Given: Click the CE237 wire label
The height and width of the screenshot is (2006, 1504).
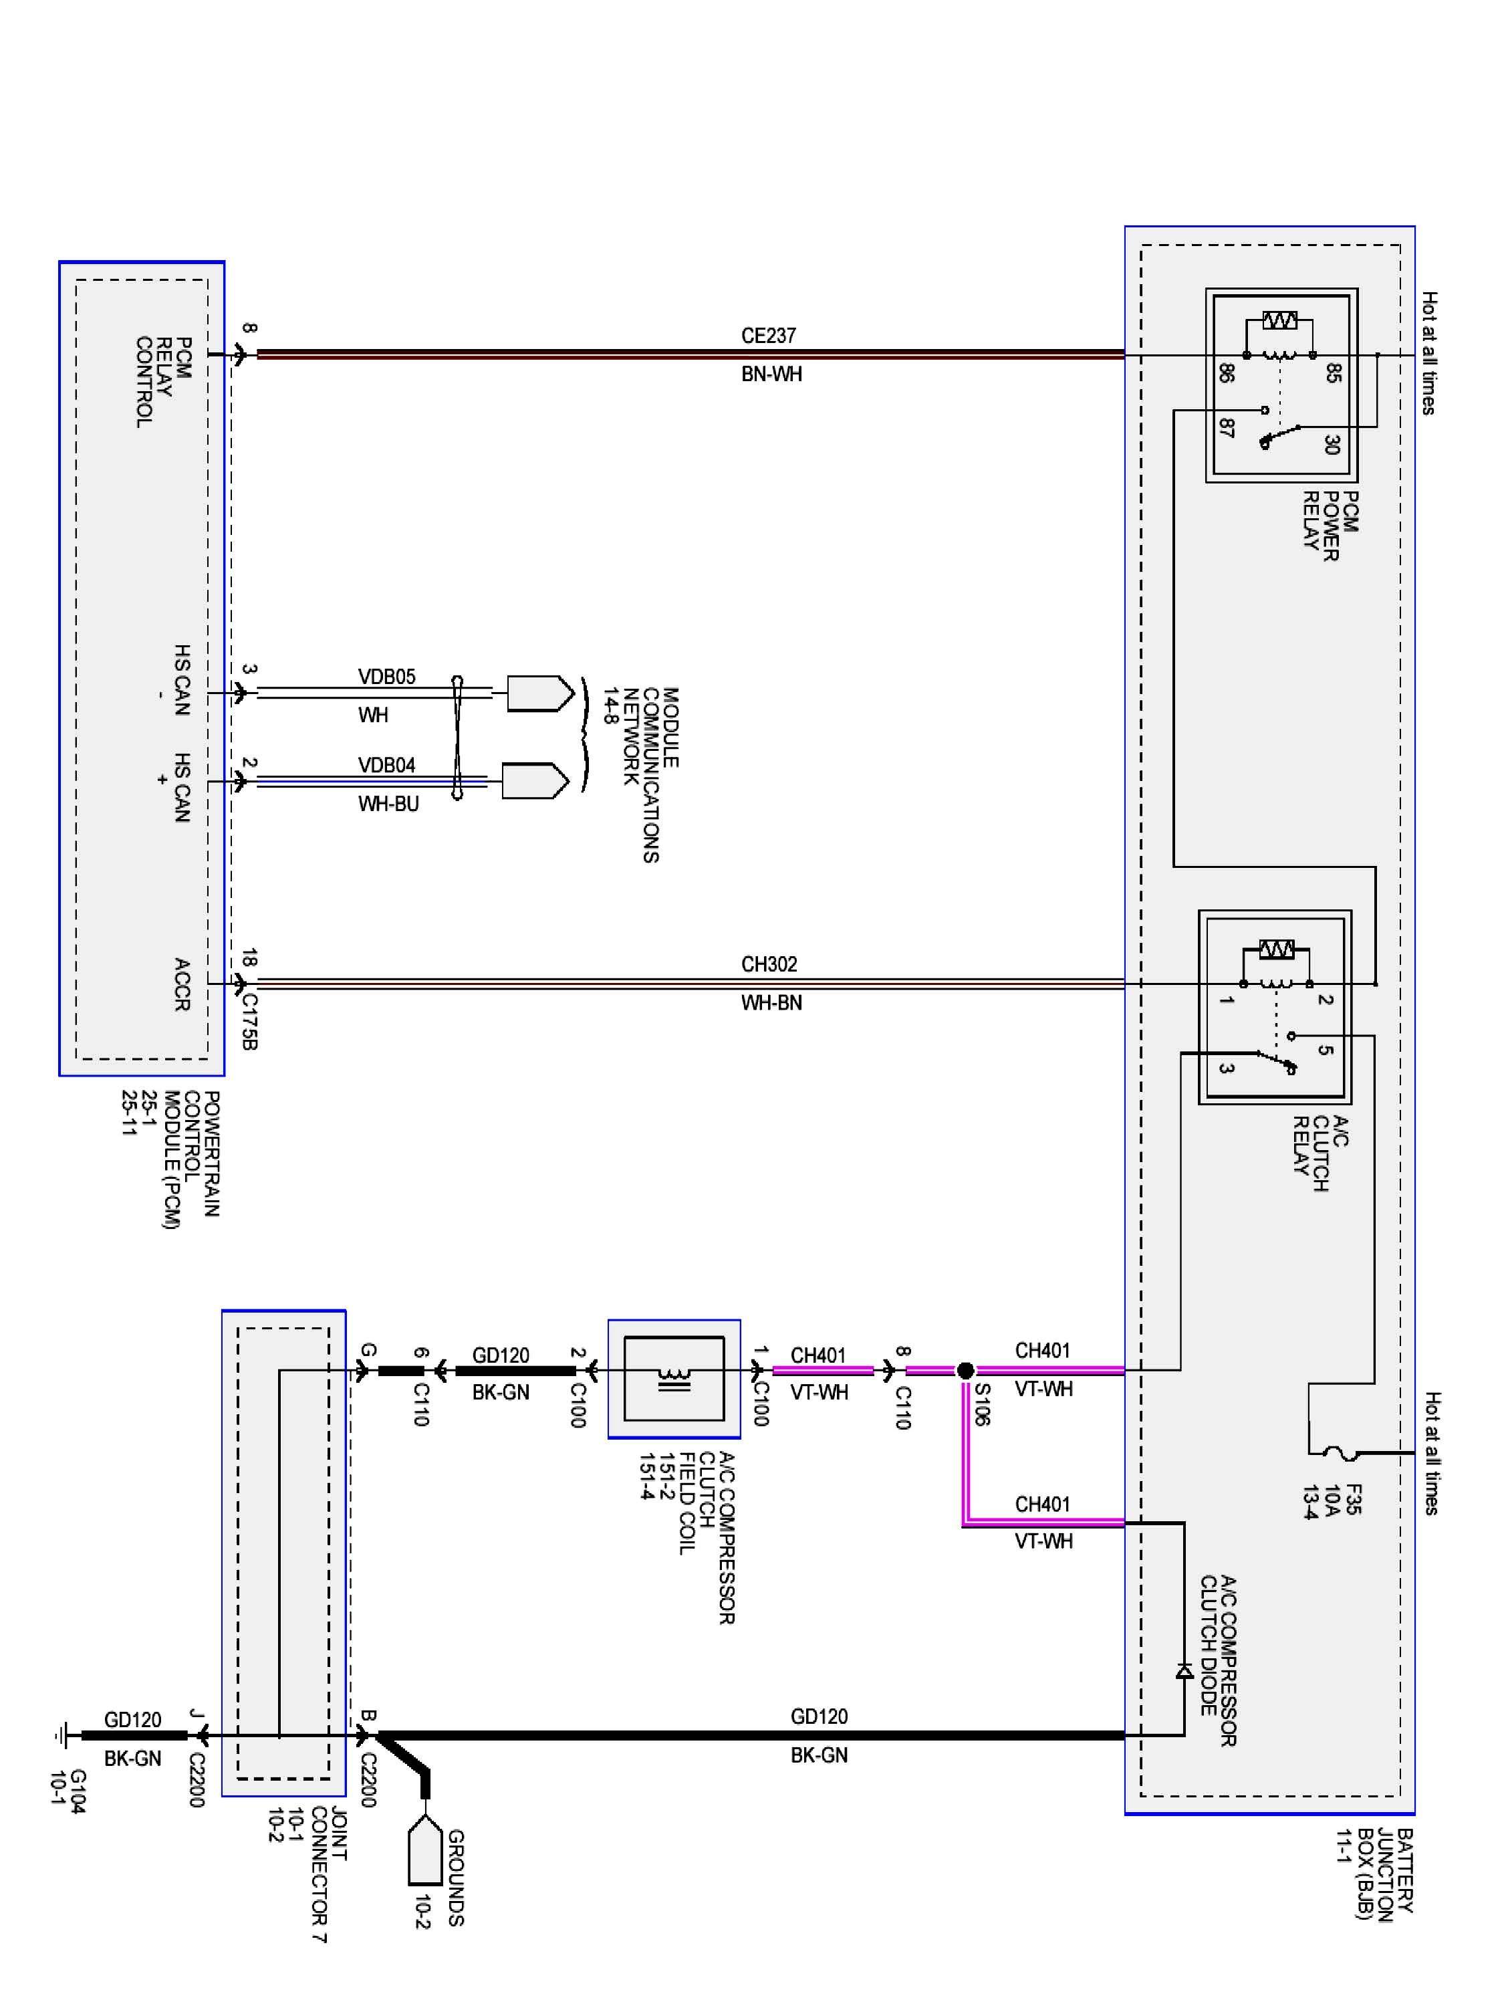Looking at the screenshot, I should click(768, 336).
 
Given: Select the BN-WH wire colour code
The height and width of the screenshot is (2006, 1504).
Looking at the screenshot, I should click(771, 374).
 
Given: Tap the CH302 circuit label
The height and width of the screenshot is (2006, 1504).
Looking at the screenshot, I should click(769, 964).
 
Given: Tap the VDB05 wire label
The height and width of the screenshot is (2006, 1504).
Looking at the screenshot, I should click(386, 677).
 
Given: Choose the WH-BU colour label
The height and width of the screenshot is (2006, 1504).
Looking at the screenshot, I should click(388, 804).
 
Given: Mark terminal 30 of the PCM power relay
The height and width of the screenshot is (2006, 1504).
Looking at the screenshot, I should click(1331, 445).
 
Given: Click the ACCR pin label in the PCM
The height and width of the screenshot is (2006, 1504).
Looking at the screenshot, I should click(181, 984).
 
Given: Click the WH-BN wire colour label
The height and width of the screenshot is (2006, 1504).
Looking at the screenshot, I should click(771, 1003).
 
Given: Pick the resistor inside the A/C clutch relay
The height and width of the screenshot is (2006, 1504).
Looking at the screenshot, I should click(1277, 950).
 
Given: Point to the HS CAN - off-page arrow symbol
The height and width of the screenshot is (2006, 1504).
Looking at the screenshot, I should click(539, 694).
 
